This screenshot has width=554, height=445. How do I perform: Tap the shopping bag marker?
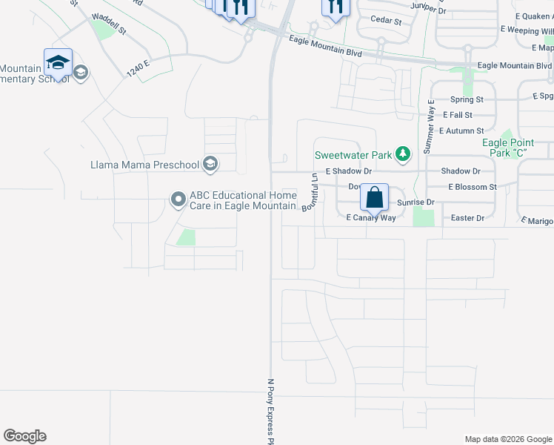pyautogui.click(x=375, y=199)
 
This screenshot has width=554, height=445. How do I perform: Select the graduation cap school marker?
pyautogui.click(x=58, y=63)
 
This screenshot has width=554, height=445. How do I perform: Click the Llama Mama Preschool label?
pyautogui.click(x=144, y=165)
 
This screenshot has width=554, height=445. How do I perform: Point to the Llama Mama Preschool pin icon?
pyautogui.click(x=210, y=164)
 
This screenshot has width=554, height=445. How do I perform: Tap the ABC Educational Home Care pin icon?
pyautogui.click(x=178, y=199)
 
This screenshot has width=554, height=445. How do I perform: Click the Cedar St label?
pyautogui.click(x=385, y=22)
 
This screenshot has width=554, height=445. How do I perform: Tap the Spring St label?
pyautogui.click(x=467, y=99)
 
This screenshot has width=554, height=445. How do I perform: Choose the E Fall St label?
pyautogui.click(x=457, y=115)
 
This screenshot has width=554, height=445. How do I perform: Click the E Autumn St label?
pyautogui.click(x=461, y=131)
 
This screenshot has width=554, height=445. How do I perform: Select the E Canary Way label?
pyautogui.click(x=371, y=218)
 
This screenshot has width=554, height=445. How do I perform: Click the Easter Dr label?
pyautogui.click(x=467, y=218)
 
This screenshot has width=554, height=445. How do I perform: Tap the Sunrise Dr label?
pyautogui.click(x=415, y=202)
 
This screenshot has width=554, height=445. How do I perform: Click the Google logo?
pyautogui.click(x=24, y=436)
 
